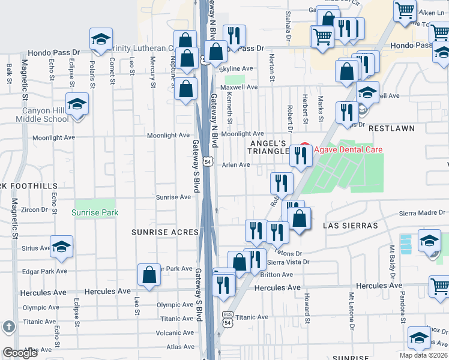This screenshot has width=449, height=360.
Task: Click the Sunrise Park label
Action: [95, 212]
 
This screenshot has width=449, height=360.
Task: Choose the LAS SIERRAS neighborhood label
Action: [350, 226]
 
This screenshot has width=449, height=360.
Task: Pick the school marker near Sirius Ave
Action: [61, 247]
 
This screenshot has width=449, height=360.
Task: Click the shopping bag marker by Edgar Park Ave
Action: [149, 275]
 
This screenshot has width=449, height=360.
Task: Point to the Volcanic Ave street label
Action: [175, 333]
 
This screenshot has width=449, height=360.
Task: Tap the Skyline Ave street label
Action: [236, 69]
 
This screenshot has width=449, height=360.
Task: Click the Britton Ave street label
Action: [280, 275]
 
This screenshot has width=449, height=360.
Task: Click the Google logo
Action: [20, 353]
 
